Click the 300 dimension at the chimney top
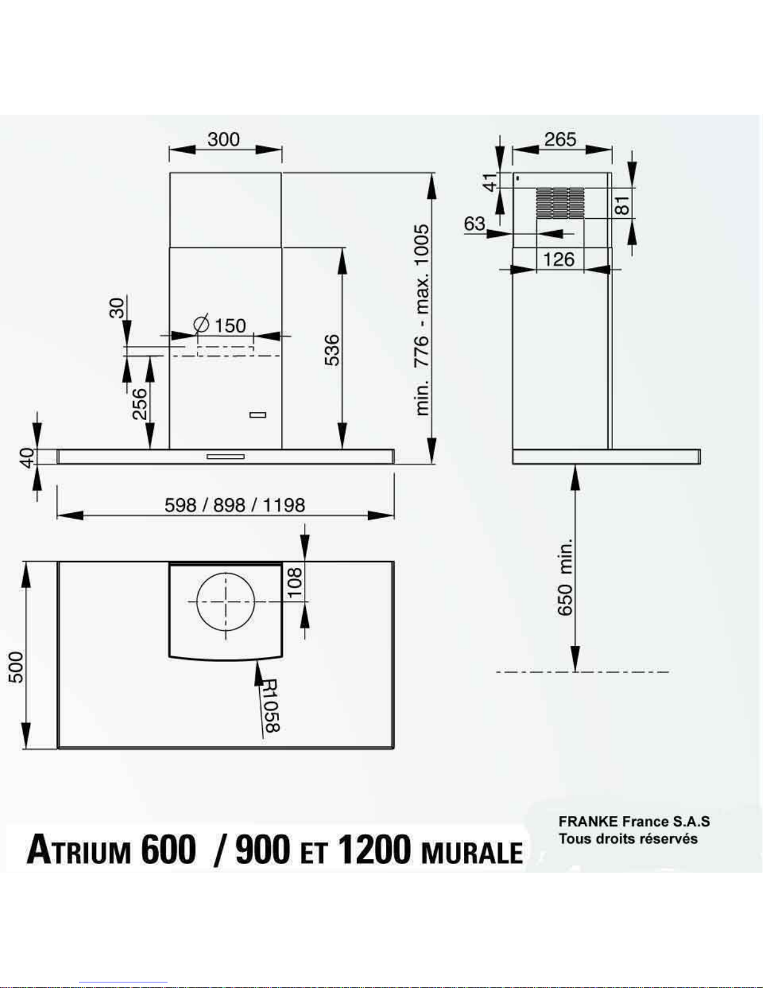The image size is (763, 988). pyautogui.click(x=224, y=139)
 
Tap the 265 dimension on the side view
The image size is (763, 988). pyautogui.click(x=560, y=139)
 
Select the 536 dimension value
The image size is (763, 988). pyautogui.click(x=333, y=350)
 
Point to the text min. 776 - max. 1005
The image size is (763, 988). pyautogui.click(x=422, y=320)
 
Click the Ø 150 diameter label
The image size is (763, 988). pyautogui.click(x=220, y=325)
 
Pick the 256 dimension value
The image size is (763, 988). pyautogui.click(x=140, y=404)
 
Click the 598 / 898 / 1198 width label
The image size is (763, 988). pyautogui.click(x=234, y=505)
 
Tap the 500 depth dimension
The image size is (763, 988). pyautogui.click(x=16, y=667)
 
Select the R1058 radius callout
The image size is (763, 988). pyautogui.click(x=271, y=706)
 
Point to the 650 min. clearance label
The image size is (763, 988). pyautogui.click(x=565, y=577)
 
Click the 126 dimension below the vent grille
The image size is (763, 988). pyautogui.click(x=559, y=259)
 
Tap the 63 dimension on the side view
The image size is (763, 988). pyautogui.click(x=475, y=224)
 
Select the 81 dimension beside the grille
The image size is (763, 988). pyautogui.click(x=623, y=205)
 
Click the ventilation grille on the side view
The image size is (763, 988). pyautogui.click(x=560, y=203)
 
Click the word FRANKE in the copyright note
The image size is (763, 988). pyautogui.click(x=588, y=822)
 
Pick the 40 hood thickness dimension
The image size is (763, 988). pyautogui.click(x=28, y=457)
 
